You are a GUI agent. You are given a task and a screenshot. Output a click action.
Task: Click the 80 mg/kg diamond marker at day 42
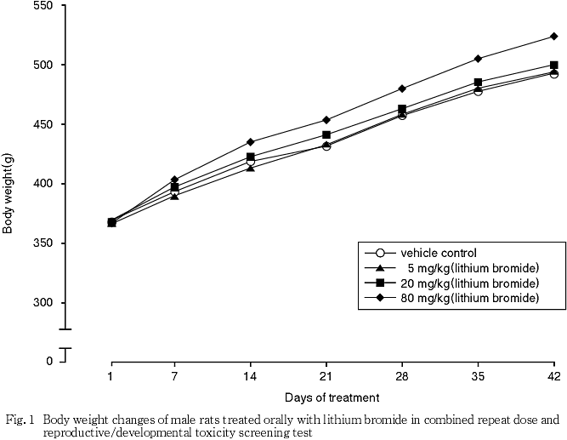[x=553, y=37]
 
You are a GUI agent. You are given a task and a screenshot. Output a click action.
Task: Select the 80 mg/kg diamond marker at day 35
[x=479, y=59]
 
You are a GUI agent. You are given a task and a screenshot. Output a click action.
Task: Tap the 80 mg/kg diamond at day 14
[x=250, y=142]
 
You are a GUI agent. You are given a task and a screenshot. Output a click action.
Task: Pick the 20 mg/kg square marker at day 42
[x=553, y=65]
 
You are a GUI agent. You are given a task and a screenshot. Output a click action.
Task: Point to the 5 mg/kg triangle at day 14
[x=250, y=168]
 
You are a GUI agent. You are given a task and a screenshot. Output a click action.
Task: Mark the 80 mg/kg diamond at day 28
[x=402, y=89]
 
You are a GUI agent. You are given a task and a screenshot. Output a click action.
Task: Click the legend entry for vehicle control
[x=438, y=253]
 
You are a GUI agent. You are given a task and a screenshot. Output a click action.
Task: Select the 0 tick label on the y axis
[x=49, y=362]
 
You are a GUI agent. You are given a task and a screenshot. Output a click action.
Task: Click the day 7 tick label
[x=175, y=376]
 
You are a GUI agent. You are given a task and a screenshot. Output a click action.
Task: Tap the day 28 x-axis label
[x=402, y=376]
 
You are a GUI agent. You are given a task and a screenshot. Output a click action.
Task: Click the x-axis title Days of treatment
[x=332, y=397]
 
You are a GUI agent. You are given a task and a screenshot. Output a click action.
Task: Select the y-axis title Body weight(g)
[x=9, y=192]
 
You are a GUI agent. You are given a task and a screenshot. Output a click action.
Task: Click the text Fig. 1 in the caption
[x=20, y=420]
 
